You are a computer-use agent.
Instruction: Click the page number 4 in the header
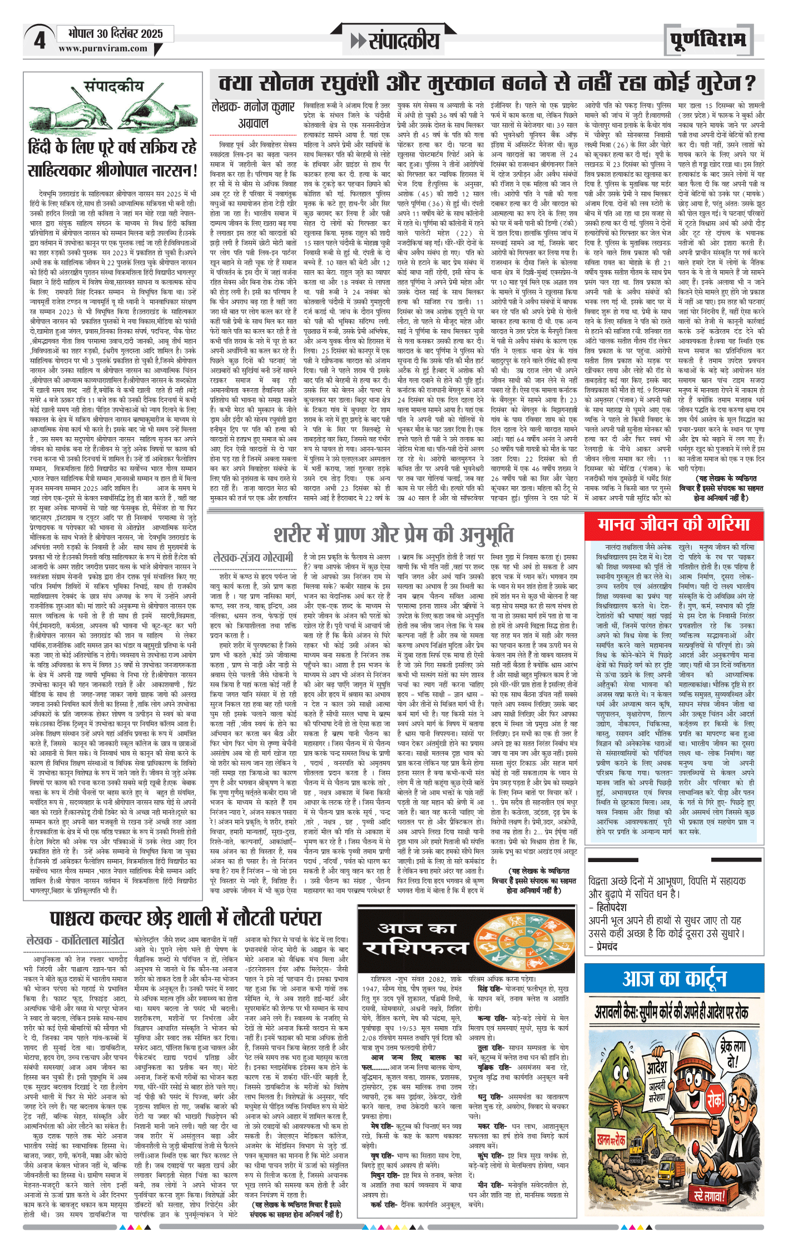39,41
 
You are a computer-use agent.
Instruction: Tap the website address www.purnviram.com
102,49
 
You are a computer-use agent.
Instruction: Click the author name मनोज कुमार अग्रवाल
253,115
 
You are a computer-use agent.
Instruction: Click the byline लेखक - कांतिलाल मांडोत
76,940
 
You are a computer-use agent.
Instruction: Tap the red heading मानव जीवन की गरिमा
673,524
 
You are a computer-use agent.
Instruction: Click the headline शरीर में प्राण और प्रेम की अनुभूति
393,535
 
